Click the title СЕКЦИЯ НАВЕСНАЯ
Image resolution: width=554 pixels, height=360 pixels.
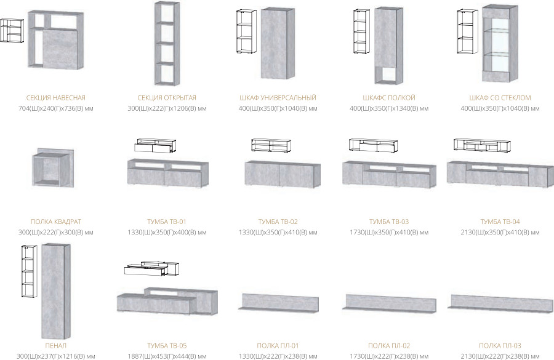(x=56, y=98)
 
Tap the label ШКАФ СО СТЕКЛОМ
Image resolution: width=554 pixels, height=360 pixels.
(x=500, y=98)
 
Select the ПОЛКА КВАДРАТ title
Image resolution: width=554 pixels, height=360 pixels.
(x=56, y=222)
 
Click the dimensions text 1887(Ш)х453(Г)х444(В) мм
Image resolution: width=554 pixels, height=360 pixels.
(x=167, y=356)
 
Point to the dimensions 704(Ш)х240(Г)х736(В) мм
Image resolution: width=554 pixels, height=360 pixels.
(x=56, y=108)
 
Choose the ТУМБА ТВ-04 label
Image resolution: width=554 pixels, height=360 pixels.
(x=500, y=222)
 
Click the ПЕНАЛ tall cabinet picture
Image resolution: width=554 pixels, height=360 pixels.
(x=56, y=292)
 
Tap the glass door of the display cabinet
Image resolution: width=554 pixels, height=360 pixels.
(x=496, y=44)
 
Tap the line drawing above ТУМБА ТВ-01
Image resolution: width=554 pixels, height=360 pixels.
(x=155, y=145)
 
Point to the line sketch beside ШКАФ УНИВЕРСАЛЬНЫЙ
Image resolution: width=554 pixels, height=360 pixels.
(x=246, y=32)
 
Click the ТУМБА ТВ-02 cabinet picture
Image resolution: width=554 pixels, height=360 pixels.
(x=283, y=174)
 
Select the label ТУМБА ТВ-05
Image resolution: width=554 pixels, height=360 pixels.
(x=167, y=346)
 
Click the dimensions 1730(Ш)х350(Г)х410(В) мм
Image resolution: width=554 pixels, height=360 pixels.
(x=389, y=233)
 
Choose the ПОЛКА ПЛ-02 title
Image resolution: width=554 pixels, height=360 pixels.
(x=389, y=346)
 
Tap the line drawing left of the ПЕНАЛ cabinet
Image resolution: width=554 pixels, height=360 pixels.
(x=30, y=271)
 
